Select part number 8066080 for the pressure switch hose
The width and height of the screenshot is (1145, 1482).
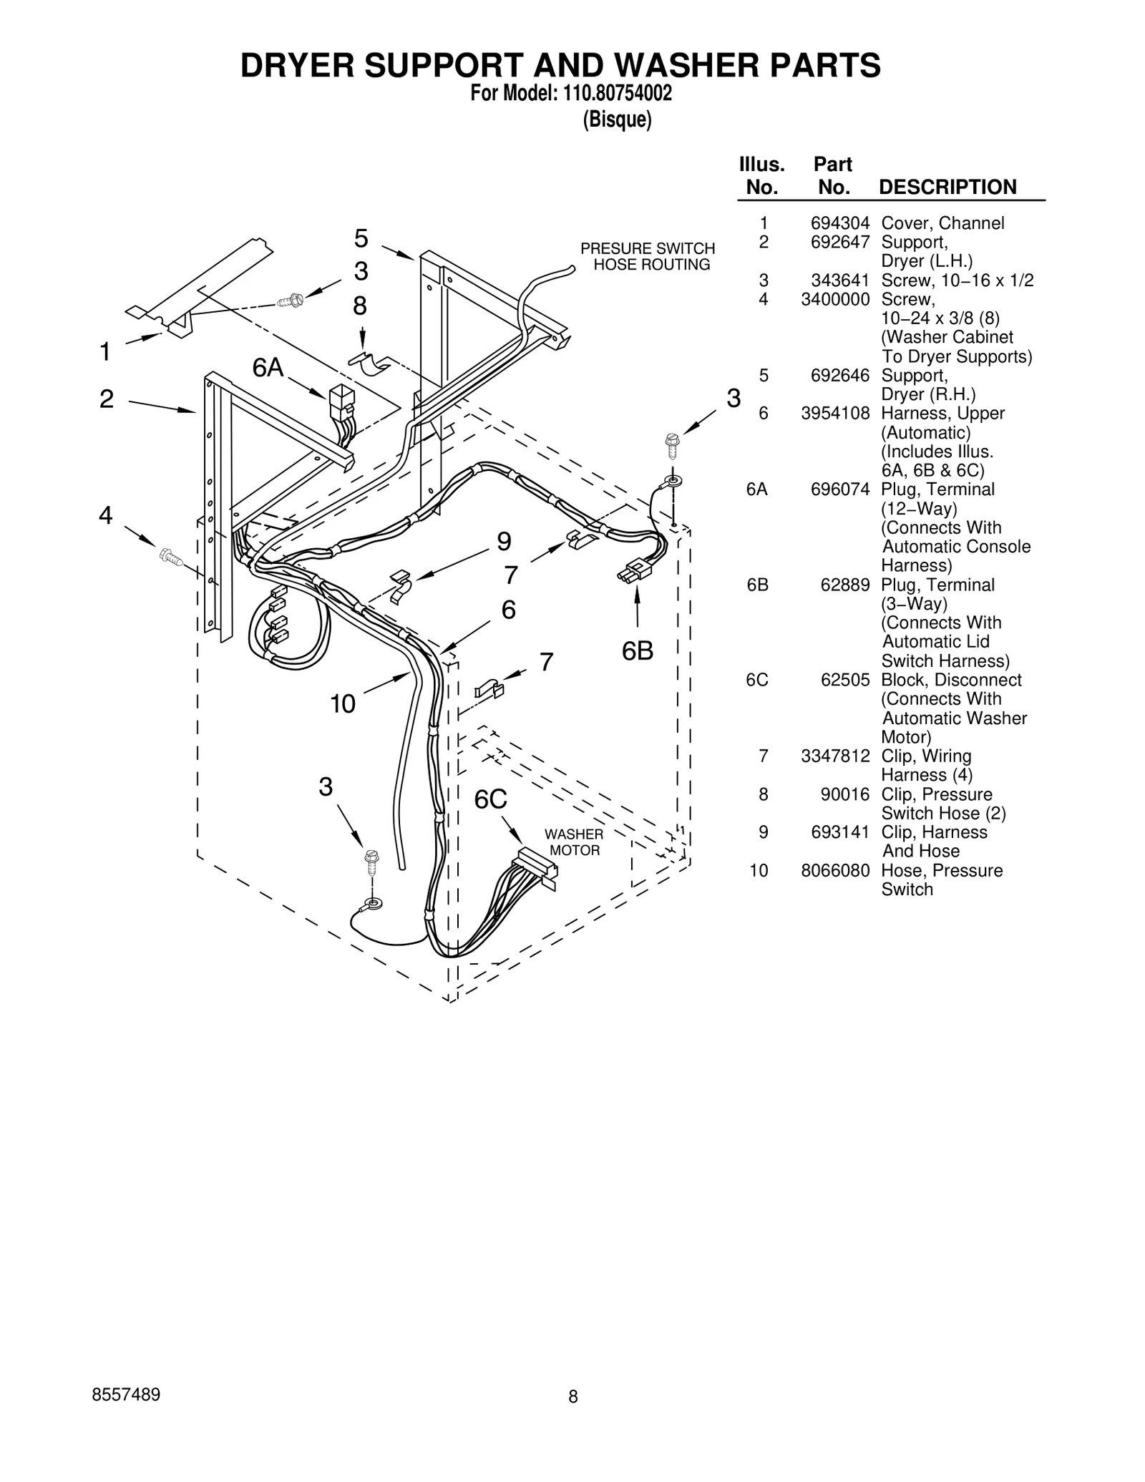(x=835, y=871)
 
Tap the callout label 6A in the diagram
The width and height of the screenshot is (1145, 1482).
(x=268, y=368)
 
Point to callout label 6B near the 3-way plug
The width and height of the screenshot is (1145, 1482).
(x=637, y=651)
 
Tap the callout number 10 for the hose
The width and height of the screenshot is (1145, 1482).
(x=342, y=704)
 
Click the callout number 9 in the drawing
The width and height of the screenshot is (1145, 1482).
(x=504, y=542)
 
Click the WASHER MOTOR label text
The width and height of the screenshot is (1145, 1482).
(x=574, y=842)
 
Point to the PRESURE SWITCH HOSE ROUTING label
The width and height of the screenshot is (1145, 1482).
(x=648, y=256)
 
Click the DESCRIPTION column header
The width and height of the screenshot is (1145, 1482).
(x=947, y=187)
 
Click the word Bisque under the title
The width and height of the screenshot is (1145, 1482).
(x=617, y=120)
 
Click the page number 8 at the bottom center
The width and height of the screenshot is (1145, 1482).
(x=572, y=1396)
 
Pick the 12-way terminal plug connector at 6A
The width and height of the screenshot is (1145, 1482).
(x=341, y=402)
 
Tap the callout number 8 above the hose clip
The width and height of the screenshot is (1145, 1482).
(x=359, y=306)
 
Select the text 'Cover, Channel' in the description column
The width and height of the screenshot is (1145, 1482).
(x=942, y=223)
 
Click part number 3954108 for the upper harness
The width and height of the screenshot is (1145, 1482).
(x=835, y=414)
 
